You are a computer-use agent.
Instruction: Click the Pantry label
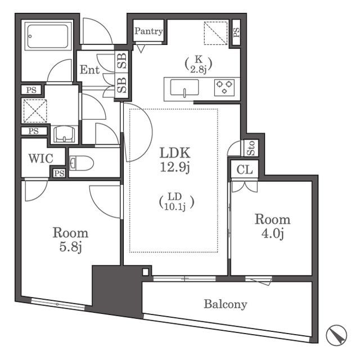tap(148, 31)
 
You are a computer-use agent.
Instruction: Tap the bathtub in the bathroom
tap(48, 36)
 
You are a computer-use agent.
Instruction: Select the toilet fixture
tap(81, 163)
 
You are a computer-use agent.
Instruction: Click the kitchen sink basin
tap(184, 88)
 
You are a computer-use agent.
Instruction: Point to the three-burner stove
tap(224, 88)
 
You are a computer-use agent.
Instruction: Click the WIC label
tap(41, 159)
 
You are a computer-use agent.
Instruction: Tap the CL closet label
tap(245, 170)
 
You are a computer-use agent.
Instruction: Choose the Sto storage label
tap(251, 148)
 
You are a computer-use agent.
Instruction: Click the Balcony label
tap(226, 304)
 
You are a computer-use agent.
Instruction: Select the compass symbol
tap(336, 335)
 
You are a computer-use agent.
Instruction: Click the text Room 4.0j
tap(272, 226)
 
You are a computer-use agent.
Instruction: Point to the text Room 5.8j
tap(70, 240)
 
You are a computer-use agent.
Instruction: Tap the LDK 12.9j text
tap(175, 160)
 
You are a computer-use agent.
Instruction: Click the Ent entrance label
tap(89, 70)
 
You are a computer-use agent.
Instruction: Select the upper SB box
tap(122, 61)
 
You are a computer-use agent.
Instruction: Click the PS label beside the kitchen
tap(236, 33)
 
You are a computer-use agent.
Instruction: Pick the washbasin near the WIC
tap(64, 135)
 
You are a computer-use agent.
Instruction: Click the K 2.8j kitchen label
tap(199, 64)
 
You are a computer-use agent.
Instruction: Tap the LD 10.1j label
tap(177, 202)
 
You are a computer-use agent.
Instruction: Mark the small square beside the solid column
tap(146, 272)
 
